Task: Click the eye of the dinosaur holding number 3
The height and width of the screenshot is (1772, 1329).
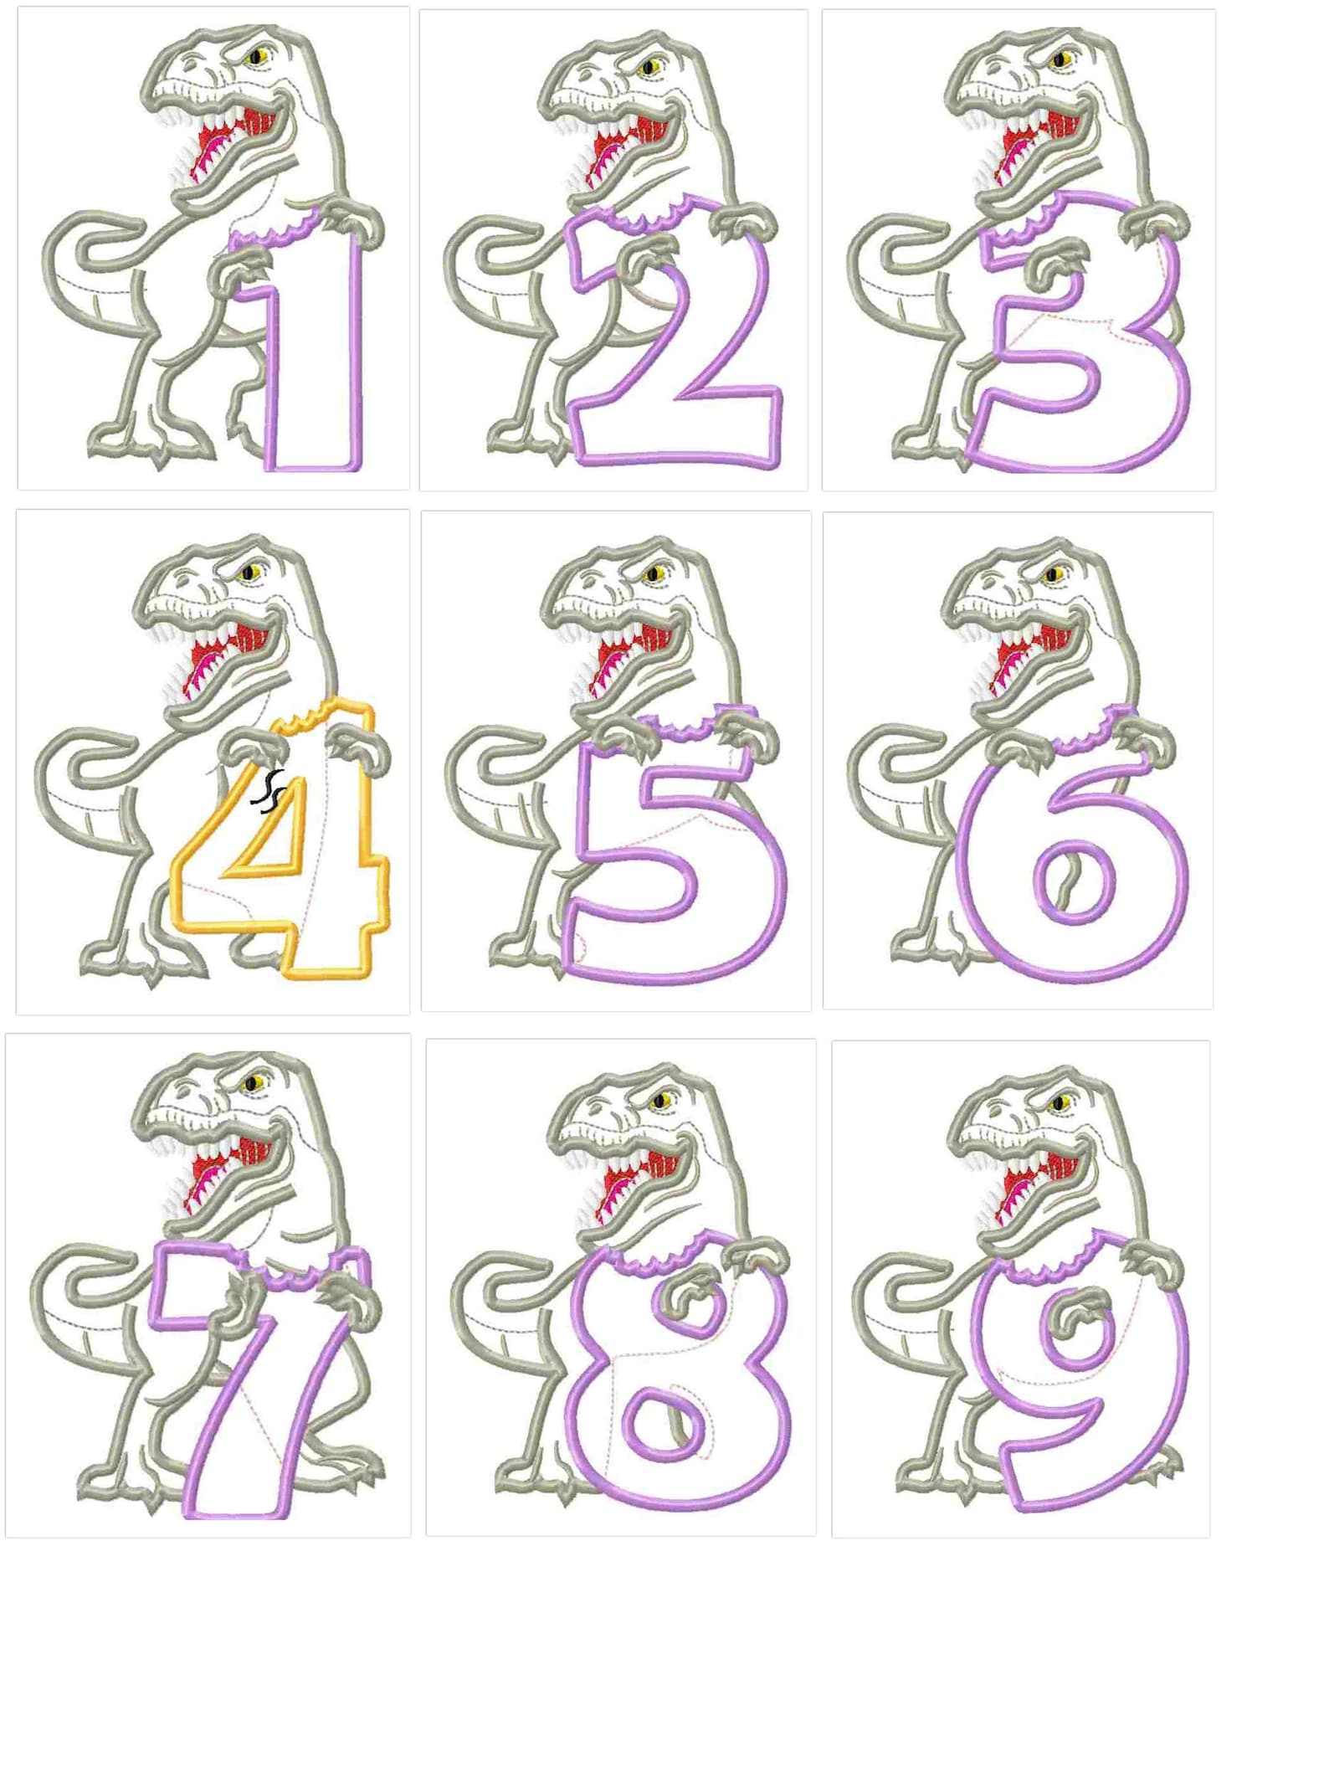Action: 1064,59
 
